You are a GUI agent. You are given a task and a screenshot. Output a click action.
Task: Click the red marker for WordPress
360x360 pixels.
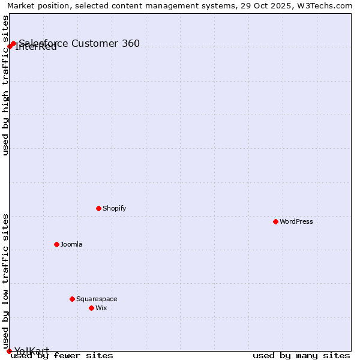coord(275,221)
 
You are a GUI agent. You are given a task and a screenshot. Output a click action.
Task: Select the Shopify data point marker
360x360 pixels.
coord(98,208)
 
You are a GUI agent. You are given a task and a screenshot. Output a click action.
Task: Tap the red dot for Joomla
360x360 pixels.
coord(56,244)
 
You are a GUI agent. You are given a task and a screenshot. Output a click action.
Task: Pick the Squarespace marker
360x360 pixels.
coord(72,299)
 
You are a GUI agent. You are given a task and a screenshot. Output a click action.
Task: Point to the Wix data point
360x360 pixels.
coord(91,308)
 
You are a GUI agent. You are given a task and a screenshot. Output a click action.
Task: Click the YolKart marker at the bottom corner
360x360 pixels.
coord(9,351)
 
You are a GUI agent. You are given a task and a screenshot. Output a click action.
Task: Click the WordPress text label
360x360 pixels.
coord(296,221)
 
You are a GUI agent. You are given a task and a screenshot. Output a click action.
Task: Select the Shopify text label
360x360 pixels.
coord(114,208)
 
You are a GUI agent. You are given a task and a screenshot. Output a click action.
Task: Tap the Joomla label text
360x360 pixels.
coord(71,244)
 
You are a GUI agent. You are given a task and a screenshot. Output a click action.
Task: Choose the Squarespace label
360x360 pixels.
coord(97,299)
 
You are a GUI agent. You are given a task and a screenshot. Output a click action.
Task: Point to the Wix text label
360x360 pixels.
coord(101,308)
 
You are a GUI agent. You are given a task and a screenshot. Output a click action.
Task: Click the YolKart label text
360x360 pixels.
coord(32,352)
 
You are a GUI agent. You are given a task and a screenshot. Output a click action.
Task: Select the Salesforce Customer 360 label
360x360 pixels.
coord(79,43)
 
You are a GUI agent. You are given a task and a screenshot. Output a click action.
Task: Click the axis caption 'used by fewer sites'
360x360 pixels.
coord(62,356)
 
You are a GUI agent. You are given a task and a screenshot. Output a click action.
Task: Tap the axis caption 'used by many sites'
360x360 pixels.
coord(301,356)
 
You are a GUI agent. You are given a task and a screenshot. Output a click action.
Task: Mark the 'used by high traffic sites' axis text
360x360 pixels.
coord(6,85)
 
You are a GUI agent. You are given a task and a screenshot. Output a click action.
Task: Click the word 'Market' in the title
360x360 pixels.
coord(21,6)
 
